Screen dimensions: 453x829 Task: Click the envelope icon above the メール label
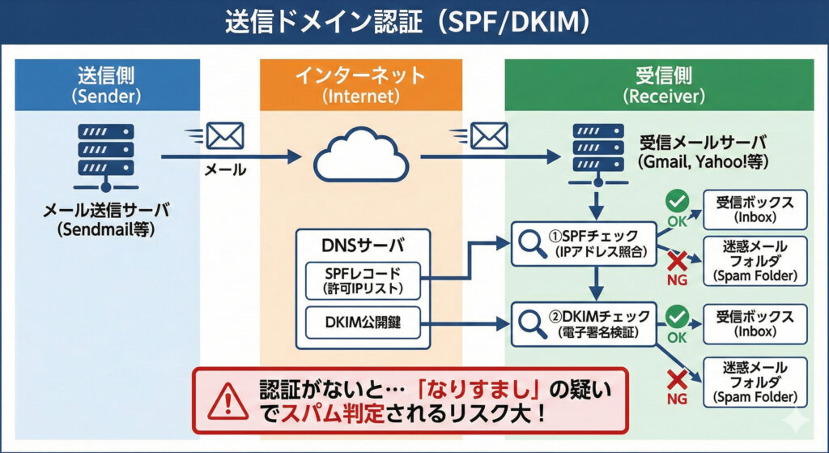(224, 135)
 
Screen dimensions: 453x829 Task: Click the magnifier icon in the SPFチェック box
(531, 243)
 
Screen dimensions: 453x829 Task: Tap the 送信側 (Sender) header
(107, 84)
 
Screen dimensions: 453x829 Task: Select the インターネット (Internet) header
(360, 84)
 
